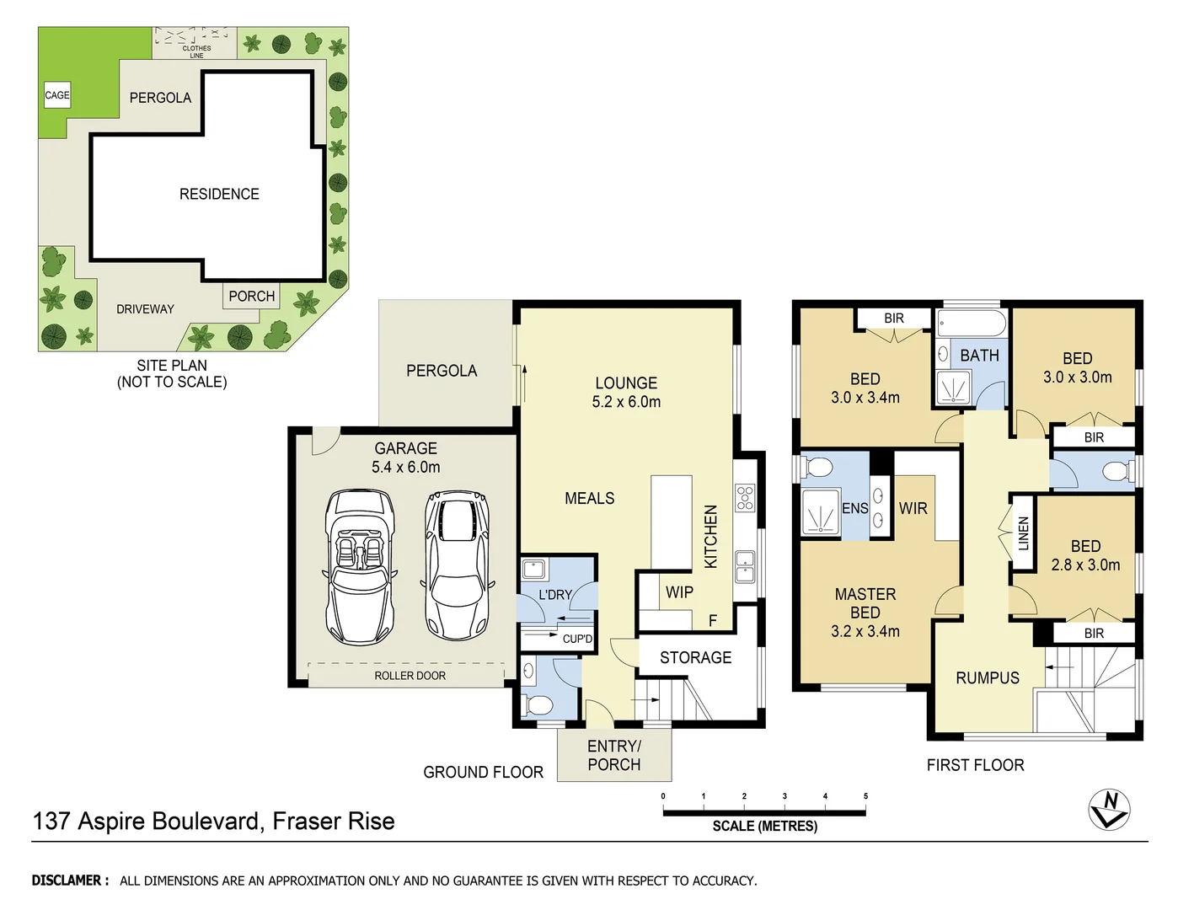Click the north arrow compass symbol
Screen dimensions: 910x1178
coord(1109,810)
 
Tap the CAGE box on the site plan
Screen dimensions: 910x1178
coord(57,95)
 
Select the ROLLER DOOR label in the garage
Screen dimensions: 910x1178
coord(410,676)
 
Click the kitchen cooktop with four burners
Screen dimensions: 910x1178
coord(745,498)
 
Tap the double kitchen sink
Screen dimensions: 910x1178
coord(745,566)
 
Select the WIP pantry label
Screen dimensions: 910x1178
coord(679,592)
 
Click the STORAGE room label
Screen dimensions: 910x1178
coord(695,657)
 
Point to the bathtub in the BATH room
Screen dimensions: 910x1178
coord(972,324)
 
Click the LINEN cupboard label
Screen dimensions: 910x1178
coord(1024,533)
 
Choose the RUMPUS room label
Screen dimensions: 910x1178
coord(987,677)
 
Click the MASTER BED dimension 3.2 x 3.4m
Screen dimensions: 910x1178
coord(865,631)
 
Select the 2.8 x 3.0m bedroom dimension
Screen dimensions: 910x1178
coord(1085,565)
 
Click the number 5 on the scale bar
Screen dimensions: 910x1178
coord(865,796)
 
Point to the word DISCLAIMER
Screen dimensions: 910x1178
coord(70,881)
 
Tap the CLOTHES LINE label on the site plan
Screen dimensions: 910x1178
coord(196,51)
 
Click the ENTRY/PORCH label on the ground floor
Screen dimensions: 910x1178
coord(614,755)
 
